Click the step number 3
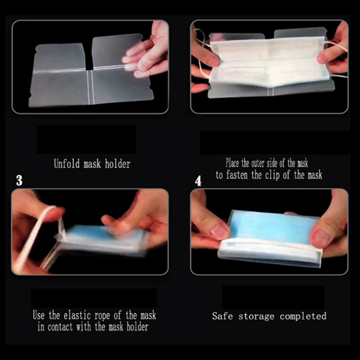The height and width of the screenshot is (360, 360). pyautogui.click(x=19, y=180)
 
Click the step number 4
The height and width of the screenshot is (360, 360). pyautogui.click(x=198, y=181)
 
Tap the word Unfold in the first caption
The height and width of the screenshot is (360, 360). pyautogui.click(x=67, y=164)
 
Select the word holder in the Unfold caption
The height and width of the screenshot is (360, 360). pyautogui.click(x=118, y=164)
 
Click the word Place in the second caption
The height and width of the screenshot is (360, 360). pyautogui.click(x=233, y=163)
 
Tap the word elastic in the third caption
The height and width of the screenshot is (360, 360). pyautogui.click(x=78, y=315)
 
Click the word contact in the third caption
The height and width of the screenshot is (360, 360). pyautogui.click(x=60, y=327)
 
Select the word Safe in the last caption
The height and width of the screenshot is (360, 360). pyautogui.click(x=222, y=316)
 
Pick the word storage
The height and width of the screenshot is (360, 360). pyautogui.click(x=256, y=317)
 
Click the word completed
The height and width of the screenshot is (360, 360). pyautogui.click(x=303, y=317)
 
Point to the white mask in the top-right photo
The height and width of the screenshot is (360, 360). pyautogui.click(x=269, y=61)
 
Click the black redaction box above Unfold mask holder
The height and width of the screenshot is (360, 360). pyautogui.click(x=87, y=139)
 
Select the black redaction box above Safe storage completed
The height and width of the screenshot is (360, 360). pyautogui.click(x=273, y=297)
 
